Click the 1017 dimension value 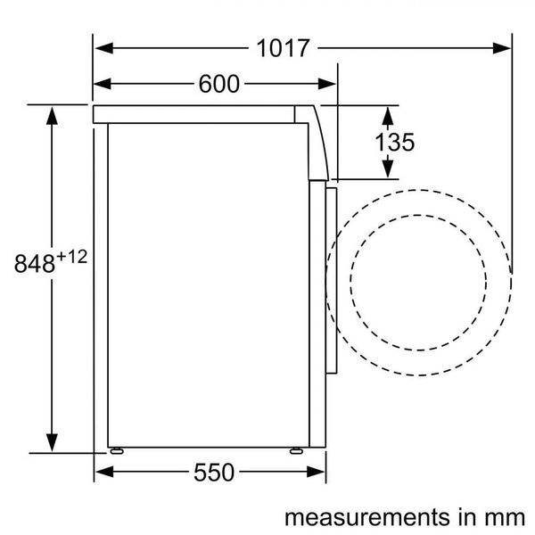pyautogui.click(x=283, y=48)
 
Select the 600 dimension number pyautogui.click(x=219, y=84)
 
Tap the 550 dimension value pyautogui.click(x=214, y=473)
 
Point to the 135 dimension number pyautogui.click(x=395, y=142)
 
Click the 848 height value pyautogui.click(x=35, y=263)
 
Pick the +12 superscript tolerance pyautogui.click(x=71, y=257)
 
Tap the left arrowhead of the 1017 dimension pyautogui.click(x=104, y=48)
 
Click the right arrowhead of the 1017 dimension pyautogui.click(x=501, y=48)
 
